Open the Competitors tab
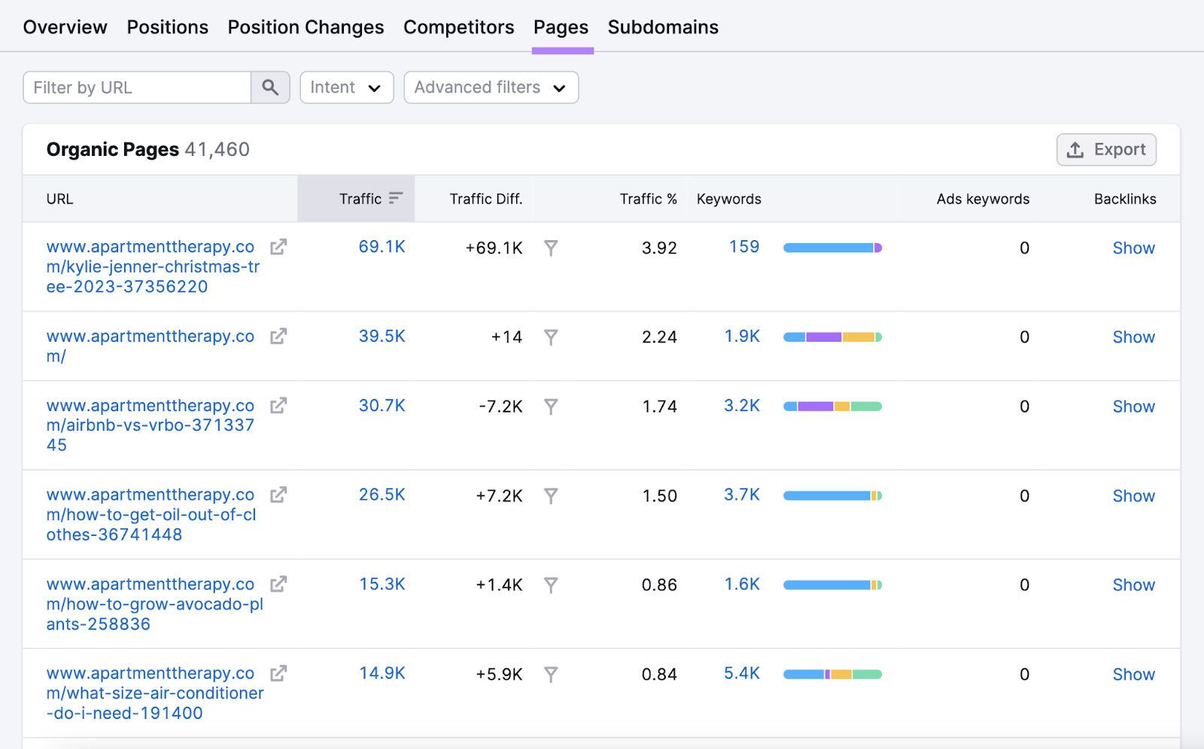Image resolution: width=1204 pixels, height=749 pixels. [x=458, y=27]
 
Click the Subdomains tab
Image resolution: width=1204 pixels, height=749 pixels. [x=662, y=27]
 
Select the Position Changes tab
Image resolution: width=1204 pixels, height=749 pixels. [x=306, y=27]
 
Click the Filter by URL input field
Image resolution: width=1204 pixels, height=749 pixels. [x=137, y=88]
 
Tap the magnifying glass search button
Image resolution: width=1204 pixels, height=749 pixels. [x=270, y=88]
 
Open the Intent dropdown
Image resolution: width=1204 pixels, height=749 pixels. [x=346, y=88]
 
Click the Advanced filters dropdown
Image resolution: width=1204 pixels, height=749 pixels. [x=491, y=88]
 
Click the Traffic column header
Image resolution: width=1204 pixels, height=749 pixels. [x=361, y=199]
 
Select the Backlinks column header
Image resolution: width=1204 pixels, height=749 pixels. [x=1124, y=199]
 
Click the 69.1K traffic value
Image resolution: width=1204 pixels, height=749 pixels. [x=382, y=247]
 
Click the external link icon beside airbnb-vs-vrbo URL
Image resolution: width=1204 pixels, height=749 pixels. [x=278, y=406]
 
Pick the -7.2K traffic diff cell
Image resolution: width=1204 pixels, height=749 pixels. [x=500, y=406]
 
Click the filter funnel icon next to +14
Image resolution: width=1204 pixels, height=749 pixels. [x=551, y=337]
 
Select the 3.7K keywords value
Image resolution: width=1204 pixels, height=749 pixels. [x=741, y=495]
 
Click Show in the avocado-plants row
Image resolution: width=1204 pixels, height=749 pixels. [x=1133, y=585]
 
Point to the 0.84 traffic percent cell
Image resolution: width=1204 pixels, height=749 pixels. [x=658, y=674]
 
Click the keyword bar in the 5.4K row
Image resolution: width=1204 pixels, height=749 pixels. [x=832, y=674]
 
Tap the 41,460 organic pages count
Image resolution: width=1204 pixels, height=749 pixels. [x=217, y=150]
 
